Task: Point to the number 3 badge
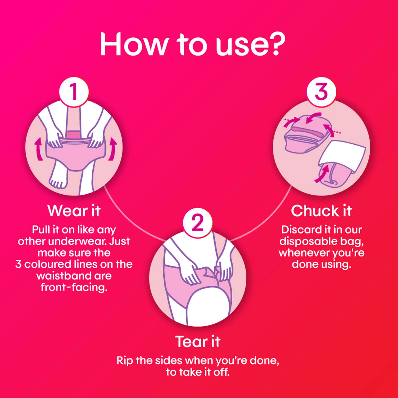tap(321, 92)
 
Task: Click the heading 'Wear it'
tap(74, 211)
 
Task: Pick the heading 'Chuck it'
tap(321, 211)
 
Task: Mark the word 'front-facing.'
tap(74, 288)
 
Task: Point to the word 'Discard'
tap(298, 230)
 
